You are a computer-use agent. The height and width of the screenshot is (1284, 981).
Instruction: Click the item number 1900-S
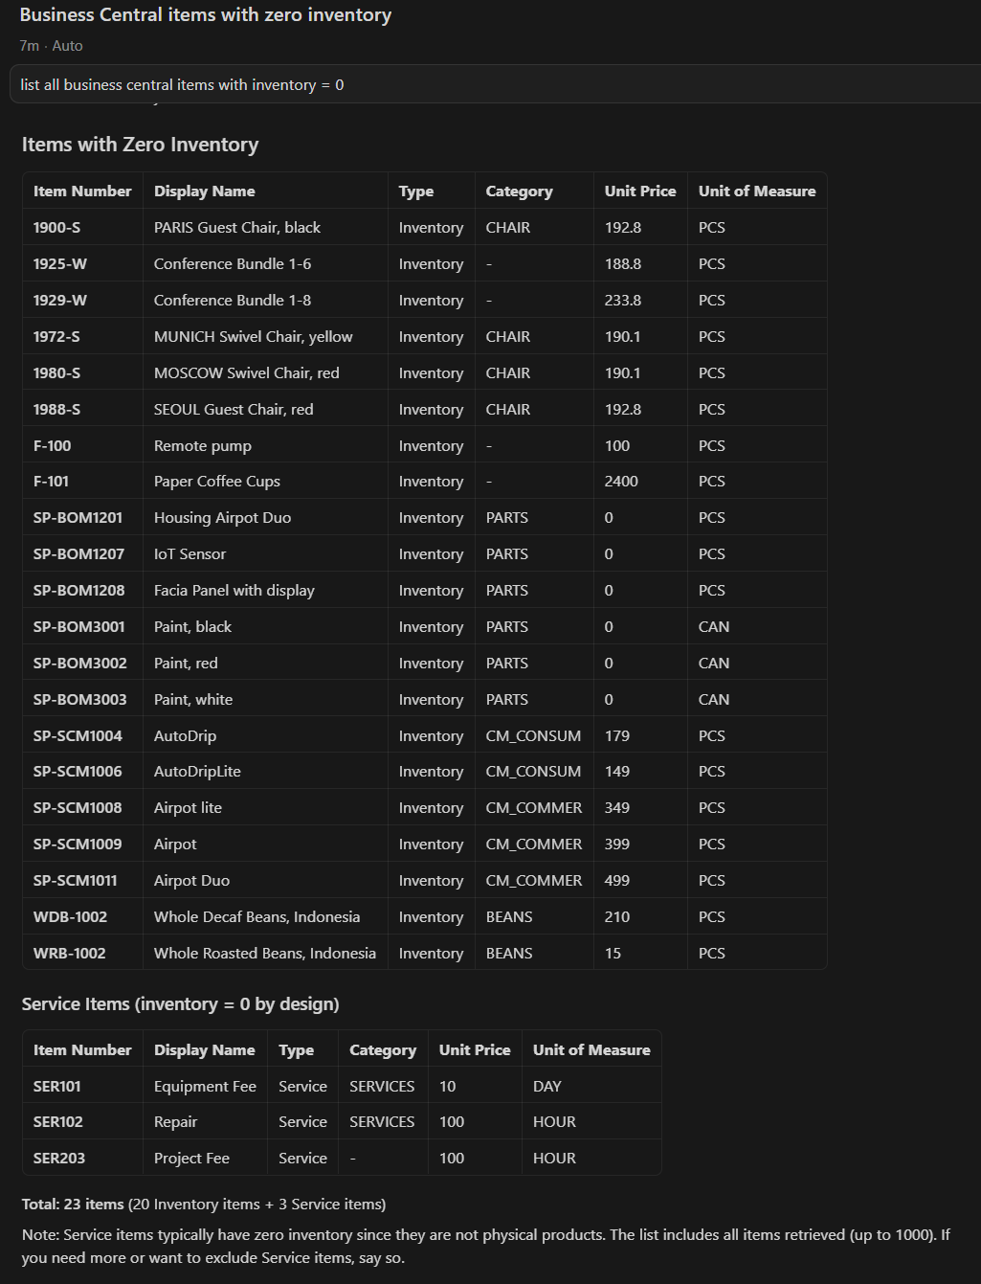coord(56,228)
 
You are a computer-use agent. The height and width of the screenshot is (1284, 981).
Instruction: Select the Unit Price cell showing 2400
coord(621,482)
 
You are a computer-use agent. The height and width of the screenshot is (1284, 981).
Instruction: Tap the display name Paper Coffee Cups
coord(217,482)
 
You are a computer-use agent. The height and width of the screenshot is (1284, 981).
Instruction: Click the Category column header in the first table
coord(519,191)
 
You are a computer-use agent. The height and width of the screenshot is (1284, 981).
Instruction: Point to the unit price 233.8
coord(623,301)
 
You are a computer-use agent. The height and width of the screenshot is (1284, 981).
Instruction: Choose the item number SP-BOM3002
coord(79,664)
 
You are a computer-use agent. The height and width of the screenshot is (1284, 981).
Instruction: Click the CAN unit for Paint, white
coord(714,700)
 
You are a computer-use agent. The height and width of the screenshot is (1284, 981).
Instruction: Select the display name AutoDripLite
coord(197,772)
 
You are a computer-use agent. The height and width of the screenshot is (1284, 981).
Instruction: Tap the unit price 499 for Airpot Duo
coord(617,881)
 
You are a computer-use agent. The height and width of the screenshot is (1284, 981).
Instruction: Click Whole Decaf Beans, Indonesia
coord(256,917)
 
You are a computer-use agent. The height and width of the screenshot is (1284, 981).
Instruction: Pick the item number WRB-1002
coord(69,954)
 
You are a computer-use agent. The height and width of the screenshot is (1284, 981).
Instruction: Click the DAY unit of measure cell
coord(547,1087)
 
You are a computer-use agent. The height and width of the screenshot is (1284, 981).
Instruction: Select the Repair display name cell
coord(175,1122)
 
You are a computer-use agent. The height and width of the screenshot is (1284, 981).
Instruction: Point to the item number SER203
coord(59,1159)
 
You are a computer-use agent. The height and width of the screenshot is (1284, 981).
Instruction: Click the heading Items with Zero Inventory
coord(140,145)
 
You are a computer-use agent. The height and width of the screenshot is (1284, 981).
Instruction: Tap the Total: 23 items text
coord(73,1205)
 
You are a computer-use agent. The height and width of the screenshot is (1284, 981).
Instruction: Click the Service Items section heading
coord(180,1004)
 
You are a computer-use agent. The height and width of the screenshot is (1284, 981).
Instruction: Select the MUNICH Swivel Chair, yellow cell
coord(253,337)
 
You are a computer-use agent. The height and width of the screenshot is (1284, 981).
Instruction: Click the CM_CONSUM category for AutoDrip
coord(533,736)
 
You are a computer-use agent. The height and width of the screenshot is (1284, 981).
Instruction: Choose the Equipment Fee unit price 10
coord(447,1087)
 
